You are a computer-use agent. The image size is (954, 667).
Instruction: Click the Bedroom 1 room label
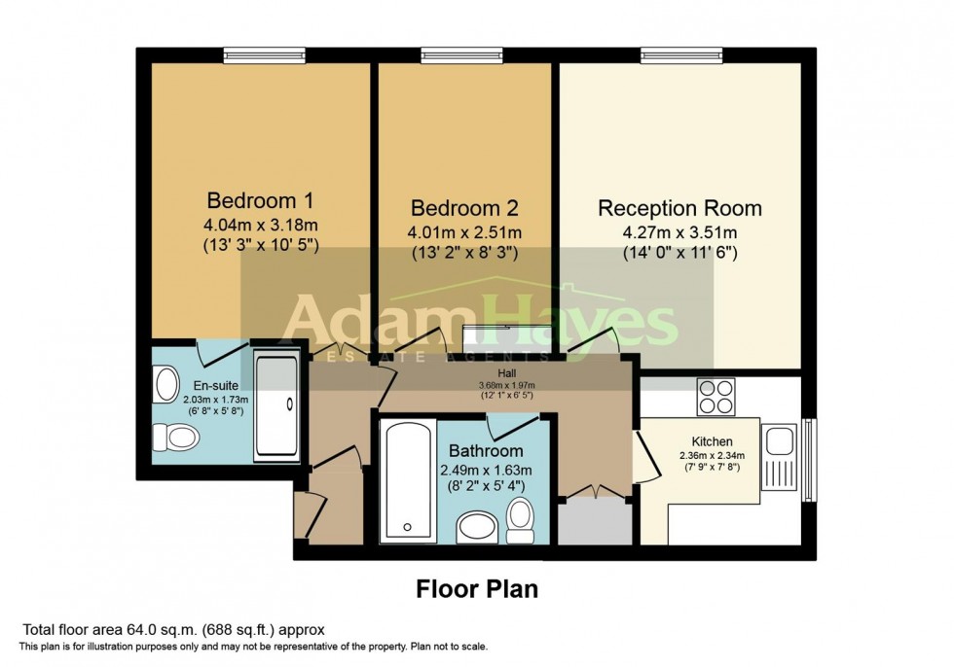tap(259, 201)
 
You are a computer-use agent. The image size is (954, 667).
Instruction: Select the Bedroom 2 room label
tap(464, 208)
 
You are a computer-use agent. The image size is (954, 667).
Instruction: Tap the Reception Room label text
tap(679, 208)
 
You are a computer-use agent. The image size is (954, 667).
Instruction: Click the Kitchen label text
tap(711, 441)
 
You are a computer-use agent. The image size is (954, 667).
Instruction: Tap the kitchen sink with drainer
tap(780, 456)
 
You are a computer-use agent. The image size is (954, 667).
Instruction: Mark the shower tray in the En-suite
tap(278, 406)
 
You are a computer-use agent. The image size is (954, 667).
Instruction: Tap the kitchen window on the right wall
tap(808, 460)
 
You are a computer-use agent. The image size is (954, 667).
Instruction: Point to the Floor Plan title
tap(477, 588)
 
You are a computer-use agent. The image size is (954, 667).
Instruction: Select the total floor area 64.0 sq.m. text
tap(172, 629)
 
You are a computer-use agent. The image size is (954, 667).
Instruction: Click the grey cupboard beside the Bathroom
tap(597, 522)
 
